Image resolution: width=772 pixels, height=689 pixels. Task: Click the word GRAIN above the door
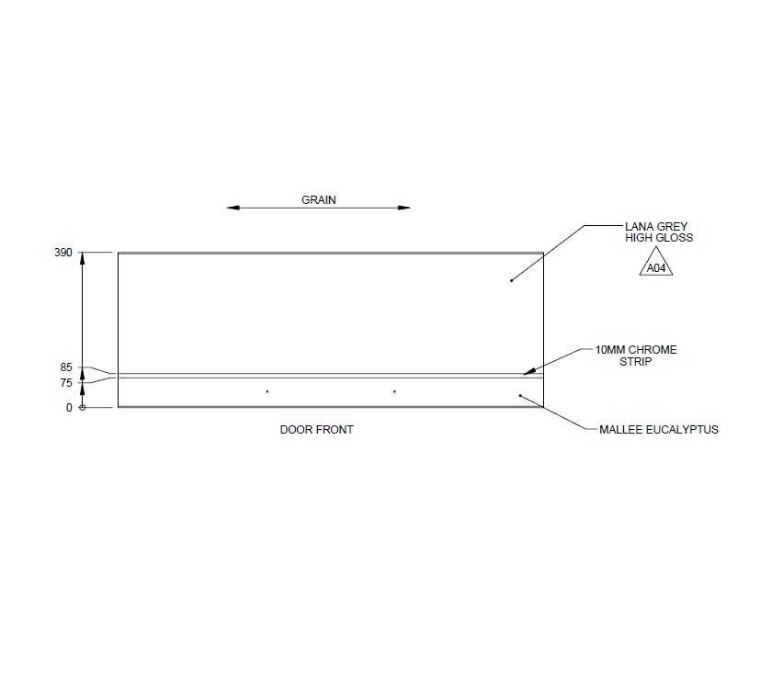[x=319, y=199]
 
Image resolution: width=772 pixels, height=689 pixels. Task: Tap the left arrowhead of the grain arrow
[x=233, y=209]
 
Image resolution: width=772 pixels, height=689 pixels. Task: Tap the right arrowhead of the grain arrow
[x=404, y=209]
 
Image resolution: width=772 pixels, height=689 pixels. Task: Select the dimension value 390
[x=63, y=253]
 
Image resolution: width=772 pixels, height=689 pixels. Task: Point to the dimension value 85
[x=66, y=367]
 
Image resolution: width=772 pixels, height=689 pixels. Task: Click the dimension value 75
[x=66, y=383]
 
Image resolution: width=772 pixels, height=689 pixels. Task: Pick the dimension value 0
[x=68, y=408]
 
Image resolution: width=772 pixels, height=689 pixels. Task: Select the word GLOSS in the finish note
[x=675, y=237]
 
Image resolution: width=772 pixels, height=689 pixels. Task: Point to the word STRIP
[x=635, y=361]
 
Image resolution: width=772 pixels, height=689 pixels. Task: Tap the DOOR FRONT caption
[x=316, y=430]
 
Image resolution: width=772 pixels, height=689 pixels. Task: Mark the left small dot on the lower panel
[x=267, y=392]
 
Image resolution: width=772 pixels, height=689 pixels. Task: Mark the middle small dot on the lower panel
[x=394, y=392]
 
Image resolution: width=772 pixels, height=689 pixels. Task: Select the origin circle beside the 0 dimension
[x=83, y=408]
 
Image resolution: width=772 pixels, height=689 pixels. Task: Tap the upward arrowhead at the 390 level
[x=83, y=259]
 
